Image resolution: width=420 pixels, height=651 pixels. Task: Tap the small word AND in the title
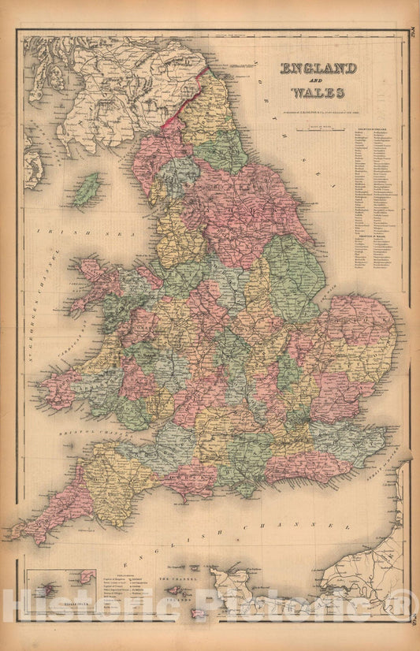coord(314,82)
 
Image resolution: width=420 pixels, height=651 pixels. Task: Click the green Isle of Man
coord(87,190)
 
